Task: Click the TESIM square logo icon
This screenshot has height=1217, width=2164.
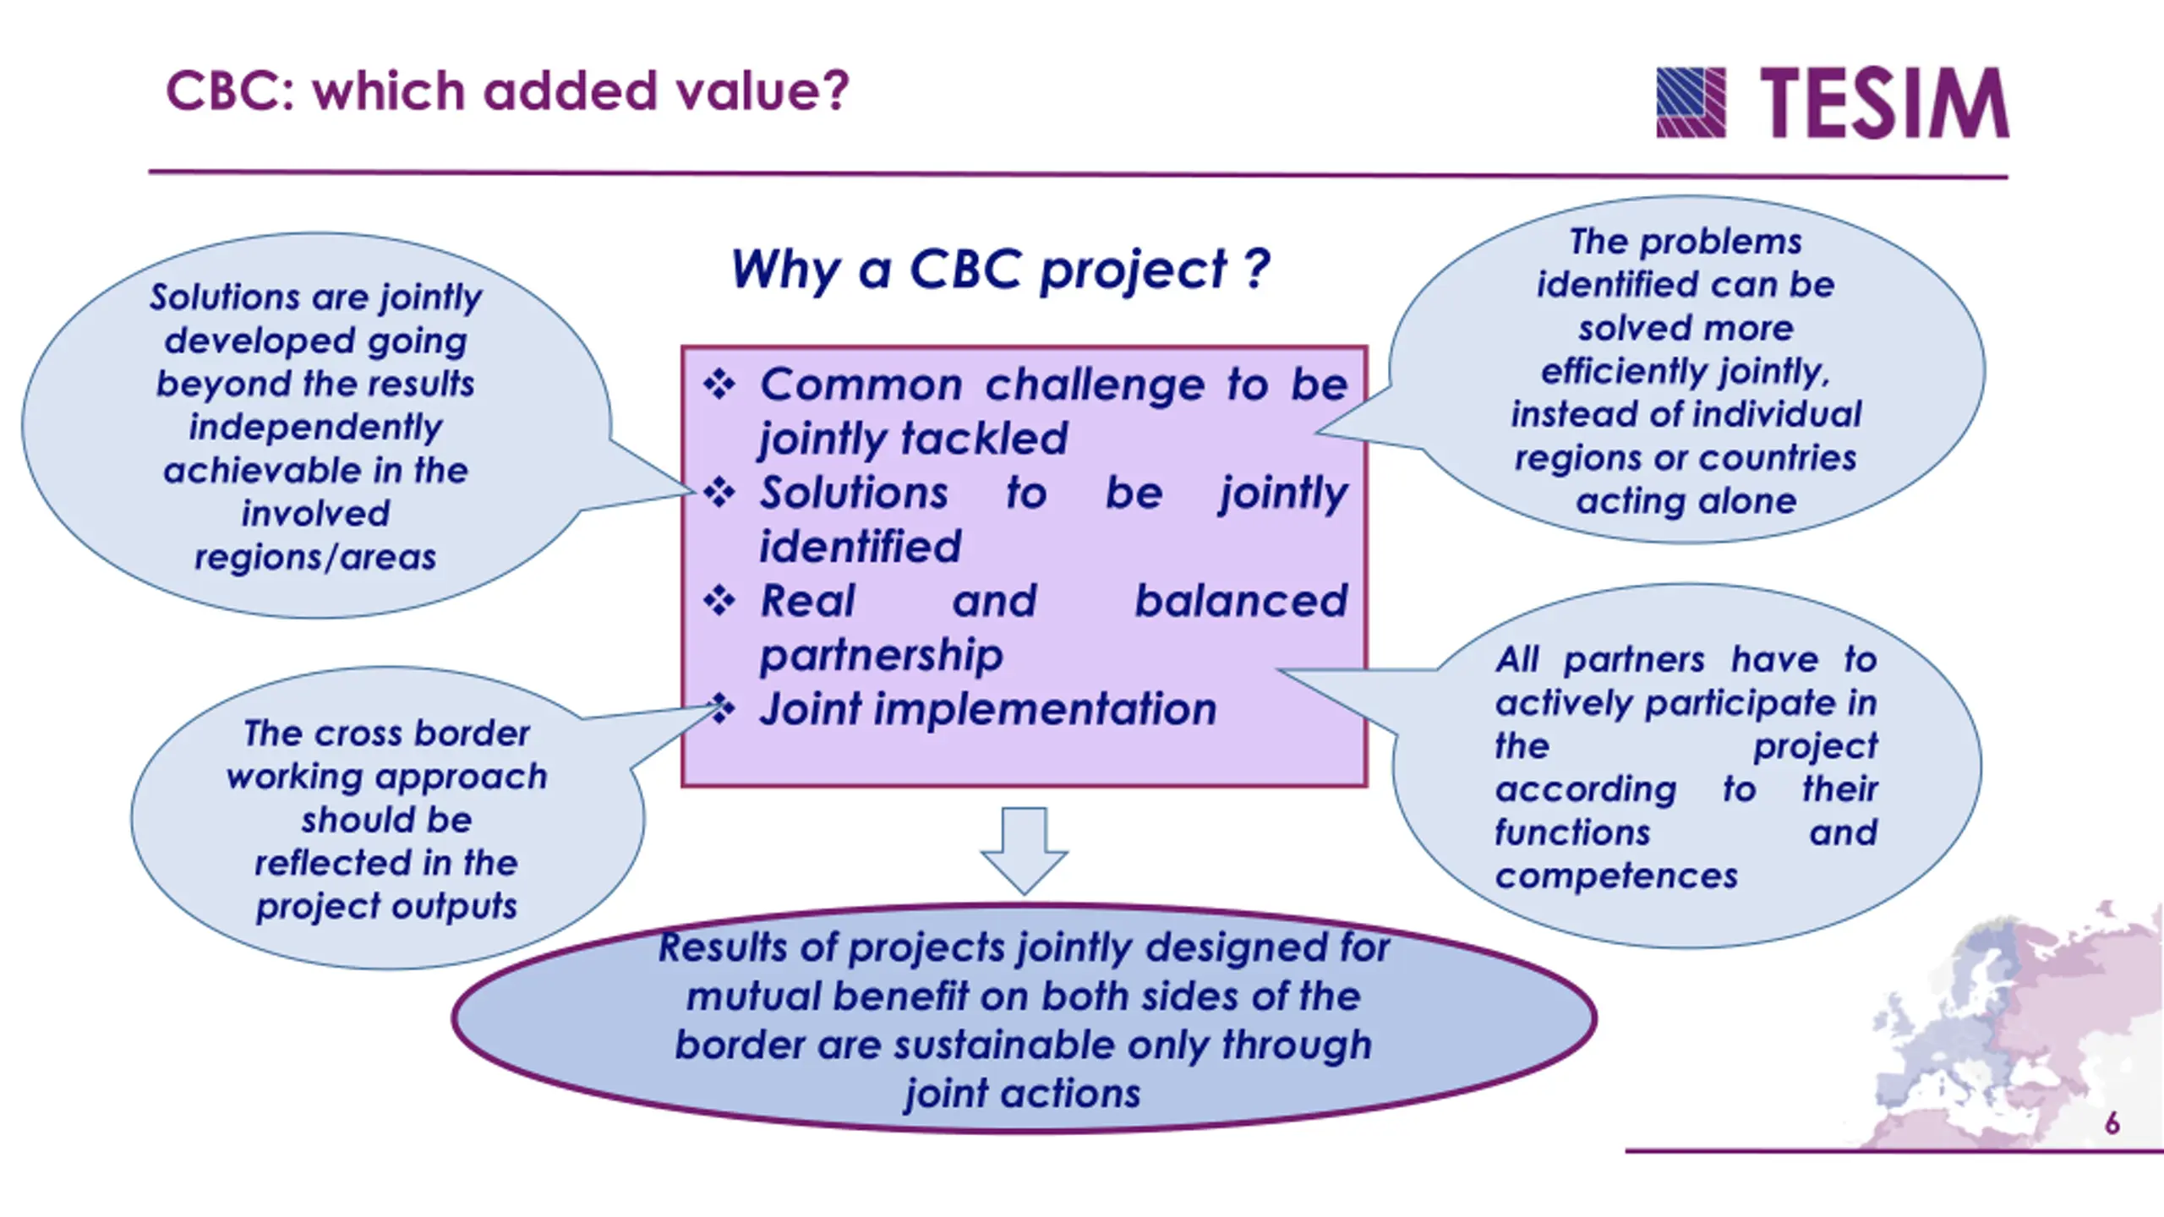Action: (1691, 102)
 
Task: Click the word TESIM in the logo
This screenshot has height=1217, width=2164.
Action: (1884, 103)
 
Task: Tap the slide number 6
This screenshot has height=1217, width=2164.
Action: (2112, 1124)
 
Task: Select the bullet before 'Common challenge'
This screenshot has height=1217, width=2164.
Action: (719, 385)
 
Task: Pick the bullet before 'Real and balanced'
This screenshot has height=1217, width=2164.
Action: (719, 601)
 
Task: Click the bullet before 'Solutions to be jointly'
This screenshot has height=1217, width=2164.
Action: (719, 492)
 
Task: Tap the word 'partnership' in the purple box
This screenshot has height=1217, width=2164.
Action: (881, 655)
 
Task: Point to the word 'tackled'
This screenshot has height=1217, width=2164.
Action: (985, 439)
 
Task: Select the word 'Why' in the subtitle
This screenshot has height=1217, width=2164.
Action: (785, 270)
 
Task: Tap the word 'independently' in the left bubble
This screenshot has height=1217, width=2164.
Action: (315, 427)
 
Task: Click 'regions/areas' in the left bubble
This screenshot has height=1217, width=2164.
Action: (315, 558)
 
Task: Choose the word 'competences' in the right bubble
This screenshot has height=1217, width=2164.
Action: (1616, 876)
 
